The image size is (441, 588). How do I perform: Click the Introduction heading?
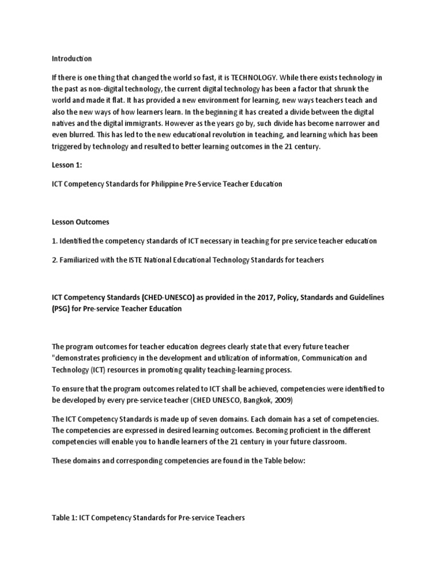pos(72,59)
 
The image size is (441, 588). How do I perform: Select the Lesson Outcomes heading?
pos(80,222)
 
